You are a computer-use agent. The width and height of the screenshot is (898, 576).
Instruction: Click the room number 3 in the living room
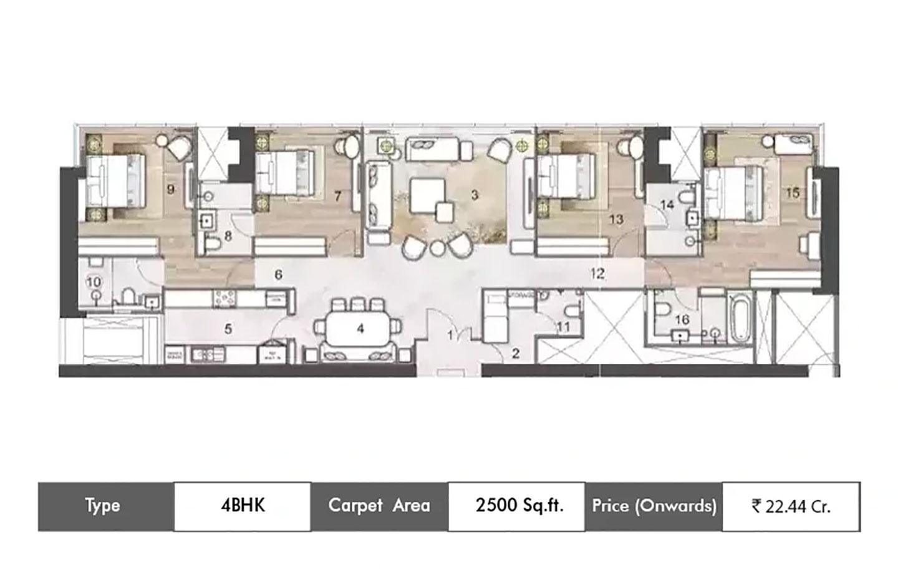pyautogui.click(x=474, y=195)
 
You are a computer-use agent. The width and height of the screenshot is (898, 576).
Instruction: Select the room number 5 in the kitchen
pyautogui.click(x=228, y=328)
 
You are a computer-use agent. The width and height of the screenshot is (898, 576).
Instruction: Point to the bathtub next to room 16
pyautogui.click(x=740, y=319)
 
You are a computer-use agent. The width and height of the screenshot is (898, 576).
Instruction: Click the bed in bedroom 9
pyautogui.click(x=115, y=180)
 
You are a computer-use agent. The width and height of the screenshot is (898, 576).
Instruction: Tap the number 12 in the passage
pyautogui.click(x=597, y=273)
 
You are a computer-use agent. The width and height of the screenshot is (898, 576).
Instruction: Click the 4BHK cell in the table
pyautogui.click(x=242, y=505)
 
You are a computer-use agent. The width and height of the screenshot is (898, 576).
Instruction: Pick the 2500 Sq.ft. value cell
pyautogui.click(x=516, y=505)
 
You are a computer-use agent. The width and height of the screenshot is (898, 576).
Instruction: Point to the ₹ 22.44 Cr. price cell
pyautogui.click(x=791, y=505)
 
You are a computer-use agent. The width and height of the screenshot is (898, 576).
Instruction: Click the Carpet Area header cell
pyautogui.click(x=379, y=505)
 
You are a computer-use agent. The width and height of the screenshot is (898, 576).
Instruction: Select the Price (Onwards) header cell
pyautogui.click(x=654, y=505)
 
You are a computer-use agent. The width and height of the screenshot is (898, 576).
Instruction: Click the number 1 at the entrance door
pyautogui.click(x=450, y=336)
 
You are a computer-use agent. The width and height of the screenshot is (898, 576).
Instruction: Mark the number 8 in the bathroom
pyautogui.click(x=228, y=236)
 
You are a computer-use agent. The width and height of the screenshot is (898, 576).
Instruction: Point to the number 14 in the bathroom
pyautogui.click(x=667, y=205)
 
